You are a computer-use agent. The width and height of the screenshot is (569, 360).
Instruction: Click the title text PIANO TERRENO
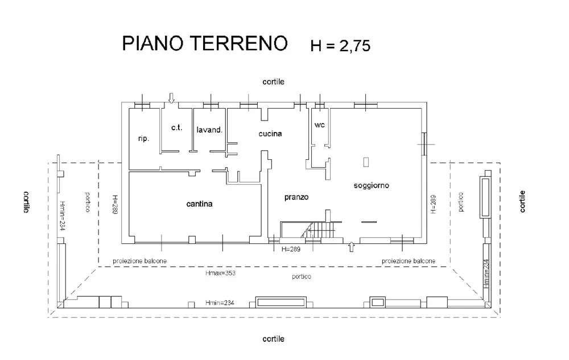205,44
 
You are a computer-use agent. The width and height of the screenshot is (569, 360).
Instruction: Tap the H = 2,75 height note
340,45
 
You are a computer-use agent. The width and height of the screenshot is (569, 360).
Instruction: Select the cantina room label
199,204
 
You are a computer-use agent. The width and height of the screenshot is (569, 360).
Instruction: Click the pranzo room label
296,197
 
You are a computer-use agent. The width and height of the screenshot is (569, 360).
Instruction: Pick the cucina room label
270,134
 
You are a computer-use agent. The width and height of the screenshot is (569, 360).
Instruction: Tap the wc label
319,125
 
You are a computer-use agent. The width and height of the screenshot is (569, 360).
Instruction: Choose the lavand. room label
209,130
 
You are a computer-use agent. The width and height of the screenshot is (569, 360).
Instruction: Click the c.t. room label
176,127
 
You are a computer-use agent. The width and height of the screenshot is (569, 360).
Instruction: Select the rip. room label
143,138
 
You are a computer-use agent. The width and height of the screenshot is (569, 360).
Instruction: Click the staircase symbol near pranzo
319,230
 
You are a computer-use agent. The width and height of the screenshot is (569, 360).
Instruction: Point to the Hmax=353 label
220,274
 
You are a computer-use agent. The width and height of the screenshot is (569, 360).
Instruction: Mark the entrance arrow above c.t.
171,98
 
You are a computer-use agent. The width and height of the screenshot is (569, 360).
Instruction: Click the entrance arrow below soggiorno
351,246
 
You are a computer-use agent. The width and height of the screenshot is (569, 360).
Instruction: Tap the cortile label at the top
273,82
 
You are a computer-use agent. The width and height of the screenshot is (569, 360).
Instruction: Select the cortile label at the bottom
273,339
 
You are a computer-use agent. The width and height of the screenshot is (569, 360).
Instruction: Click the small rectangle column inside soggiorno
366,162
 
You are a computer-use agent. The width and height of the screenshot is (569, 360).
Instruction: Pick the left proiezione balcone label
140,261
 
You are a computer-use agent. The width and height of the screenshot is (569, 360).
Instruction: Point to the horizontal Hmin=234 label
220,302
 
